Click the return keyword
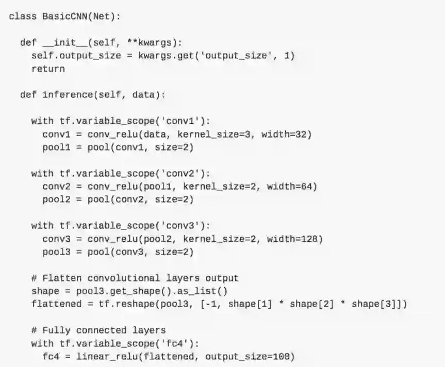48,69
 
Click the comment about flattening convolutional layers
135,278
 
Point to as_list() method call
205,291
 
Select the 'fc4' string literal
180,343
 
